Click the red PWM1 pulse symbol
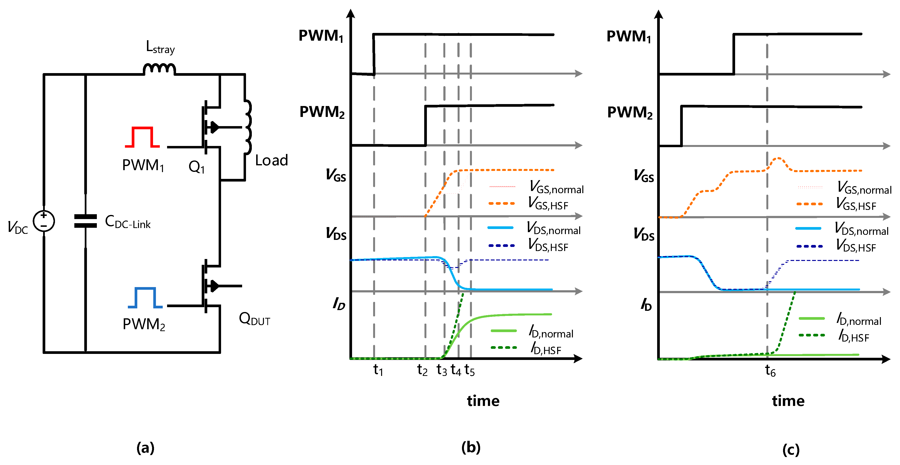coord(142,137)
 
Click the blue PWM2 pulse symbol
coord(145,298)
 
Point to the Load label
coord(271,160)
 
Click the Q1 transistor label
coord(196,167)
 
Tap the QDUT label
coord(254,319)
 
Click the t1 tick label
coord(378,370)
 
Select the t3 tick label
coord(442,370)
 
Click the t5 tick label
coord(469,370)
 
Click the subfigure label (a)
coord(145,448)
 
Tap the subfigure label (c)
coord(791,449)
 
